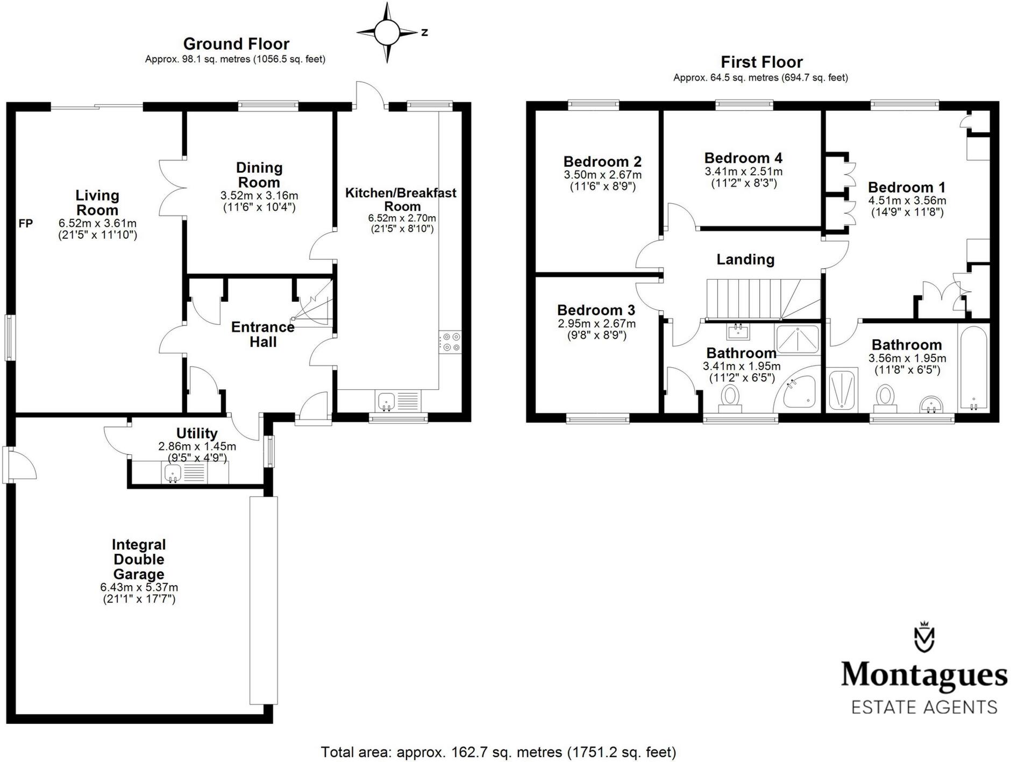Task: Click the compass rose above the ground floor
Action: click(387, 33)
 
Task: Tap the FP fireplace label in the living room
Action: click(26, 223)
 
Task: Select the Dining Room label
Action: click(259, 175)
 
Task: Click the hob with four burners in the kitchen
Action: click(450, 342)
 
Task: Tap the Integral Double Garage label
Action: click(139, 559)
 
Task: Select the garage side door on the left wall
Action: click(19, 463)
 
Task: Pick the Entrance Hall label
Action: click(263, 334)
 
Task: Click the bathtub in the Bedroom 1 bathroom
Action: click(974, 368)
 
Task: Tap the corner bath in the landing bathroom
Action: click(798, 390)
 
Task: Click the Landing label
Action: click(745, 259)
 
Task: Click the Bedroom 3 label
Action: click(596, 310)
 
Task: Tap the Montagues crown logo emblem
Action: click(924, 637)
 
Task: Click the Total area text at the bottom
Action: click(498, 752)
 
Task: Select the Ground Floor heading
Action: click(236, 44)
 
